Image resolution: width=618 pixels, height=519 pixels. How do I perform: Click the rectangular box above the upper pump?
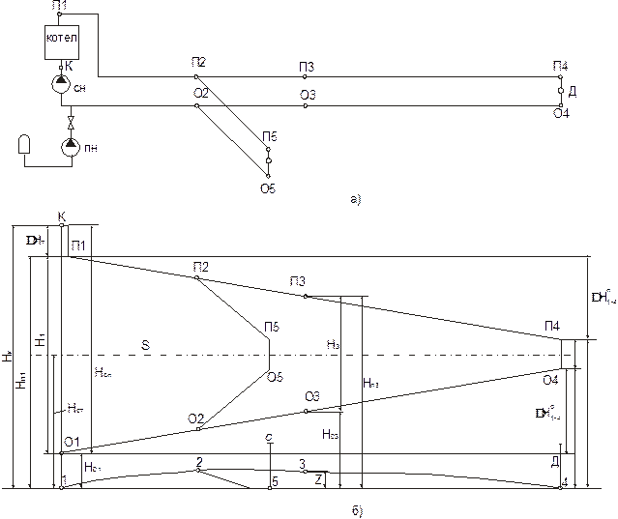pyautogui.click(x=60, y=42)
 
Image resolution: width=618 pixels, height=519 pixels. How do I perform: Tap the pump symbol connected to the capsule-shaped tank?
pyautogui.click(x=69, y=148)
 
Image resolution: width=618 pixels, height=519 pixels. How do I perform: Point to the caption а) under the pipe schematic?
pyautogui.click(x=356, y=201)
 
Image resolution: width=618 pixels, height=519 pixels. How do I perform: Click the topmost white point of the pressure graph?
pyautogui.click(x=60, y=225)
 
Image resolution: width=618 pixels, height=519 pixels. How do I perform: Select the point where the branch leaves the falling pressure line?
pyautogui.click(x=196, y=278)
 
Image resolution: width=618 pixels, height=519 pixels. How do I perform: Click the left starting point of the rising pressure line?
pyautogui.click(x=60, y=451)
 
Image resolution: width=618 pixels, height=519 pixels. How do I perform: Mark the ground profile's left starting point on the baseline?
pyautogui.click(x=60, y=487)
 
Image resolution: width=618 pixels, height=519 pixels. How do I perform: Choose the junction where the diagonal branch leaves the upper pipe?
pyautogui.click(x=196, y=75)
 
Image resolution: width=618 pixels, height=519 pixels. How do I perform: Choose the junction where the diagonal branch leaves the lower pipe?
pyautogui.click(x=196, y=105)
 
